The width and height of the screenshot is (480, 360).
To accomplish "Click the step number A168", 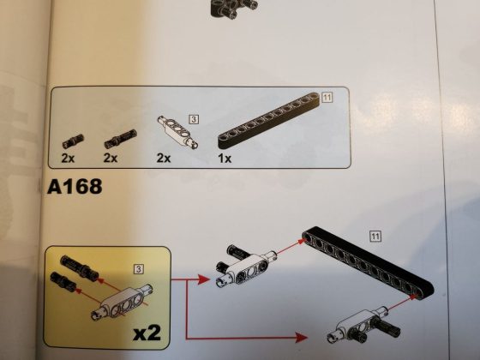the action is pyautogui.click(x=75, y=187).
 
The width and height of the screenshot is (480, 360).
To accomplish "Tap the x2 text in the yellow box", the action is pyautogui.click(x=147, y=333).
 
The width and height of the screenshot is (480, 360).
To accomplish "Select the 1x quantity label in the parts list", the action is pyautogui.click(x=225, y=159).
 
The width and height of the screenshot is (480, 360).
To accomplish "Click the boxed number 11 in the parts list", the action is pyautogui.click(x=327, y=98).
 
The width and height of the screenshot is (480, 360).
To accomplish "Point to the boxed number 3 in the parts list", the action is pyautogui.click(x=194, y=119).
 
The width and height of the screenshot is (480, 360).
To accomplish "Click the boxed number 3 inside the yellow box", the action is pyautogui.click(x=139, y=269).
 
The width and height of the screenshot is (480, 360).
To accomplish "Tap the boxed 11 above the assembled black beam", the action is pyautogui.click(x=375, y=237).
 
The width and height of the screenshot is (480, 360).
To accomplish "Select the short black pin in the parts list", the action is pyautogui.click(x=73, y=141).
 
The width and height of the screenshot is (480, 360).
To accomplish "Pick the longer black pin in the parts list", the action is pyautogui.click(x=120, y=139).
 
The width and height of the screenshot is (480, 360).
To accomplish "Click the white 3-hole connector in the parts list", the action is pyautogui.click(x=177, y=132).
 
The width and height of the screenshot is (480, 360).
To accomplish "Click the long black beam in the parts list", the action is pyautogui.click(x=268, y=121).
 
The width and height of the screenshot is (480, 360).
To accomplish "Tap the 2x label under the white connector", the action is pyautogui.click(x=164, y=158).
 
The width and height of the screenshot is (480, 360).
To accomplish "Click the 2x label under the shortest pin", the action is pyautogui.click(x=68, y=159).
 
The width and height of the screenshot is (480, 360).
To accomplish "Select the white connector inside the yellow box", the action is pyautogui.click(x=123, y=303).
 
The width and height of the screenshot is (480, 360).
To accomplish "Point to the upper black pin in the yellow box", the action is pyautogui.click(x=79, y=267).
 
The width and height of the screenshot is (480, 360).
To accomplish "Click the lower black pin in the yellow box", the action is pyautogui.click(x=63, y=281).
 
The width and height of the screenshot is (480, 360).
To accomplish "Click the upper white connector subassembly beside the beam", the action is pyautogui.click(x=246, y=266).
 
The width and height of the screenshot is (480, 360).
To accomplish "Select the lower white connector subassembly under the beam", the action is pyautogui.click(x=363, y=325).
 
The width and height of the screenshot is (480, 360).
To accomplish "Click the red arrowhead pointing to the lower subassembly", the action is pyautogui.click(x=301, y=338).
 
